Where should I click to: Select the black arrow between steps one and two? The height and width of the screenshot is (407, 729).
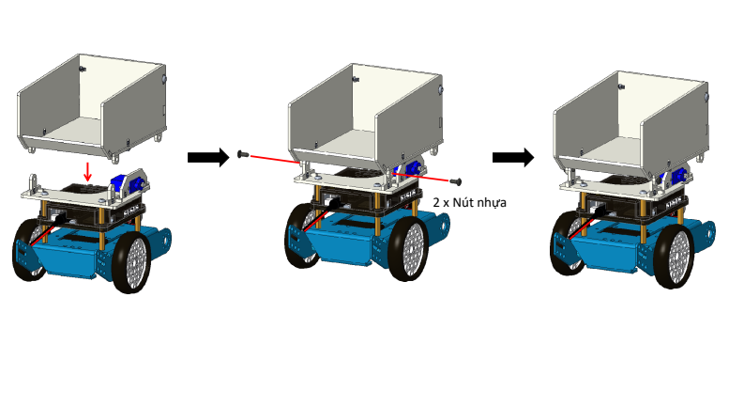pos(207,157)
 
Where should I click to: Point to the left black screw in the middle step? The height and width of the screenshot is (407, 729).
pos(242,154)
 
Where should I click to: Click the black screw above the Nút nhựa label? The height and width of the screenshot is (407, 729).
pos(458,180)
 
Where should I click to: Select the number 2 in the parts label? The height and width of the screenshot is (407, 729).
pos(436,201)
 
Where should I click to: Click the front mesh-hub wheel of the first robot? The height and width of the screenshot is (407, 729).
pos(131,260)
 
